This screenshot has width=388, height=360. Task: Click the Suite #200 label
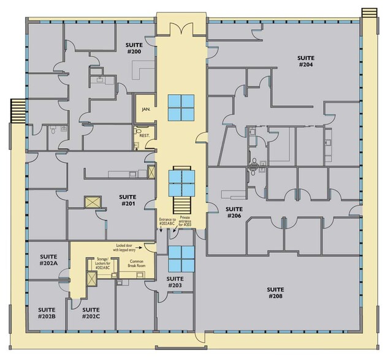[x=134, y=48]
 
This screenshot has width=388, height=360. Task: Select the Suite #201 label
[x=127, y=200]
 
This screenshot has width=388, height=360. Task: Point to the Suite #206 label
[x=235, y=212]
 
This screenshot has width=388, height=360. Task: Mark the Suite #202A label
[x=48, y=259]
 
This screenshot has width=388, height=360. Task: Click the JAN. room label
[x=146, y=109]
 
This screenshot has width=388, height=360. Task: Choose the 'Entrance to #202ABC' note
[x=167, y=222]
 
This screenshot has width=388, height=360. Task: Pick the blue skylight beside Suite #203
[x=181, y=259]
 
